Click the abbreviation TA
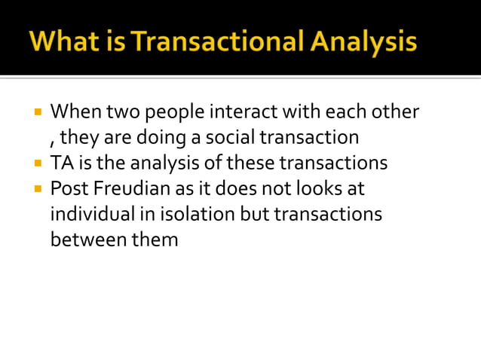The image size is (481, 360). pyautogui.click(x=60, y=163)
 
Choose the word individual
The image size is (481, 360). pyautogui.click(x=90, y=215)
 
